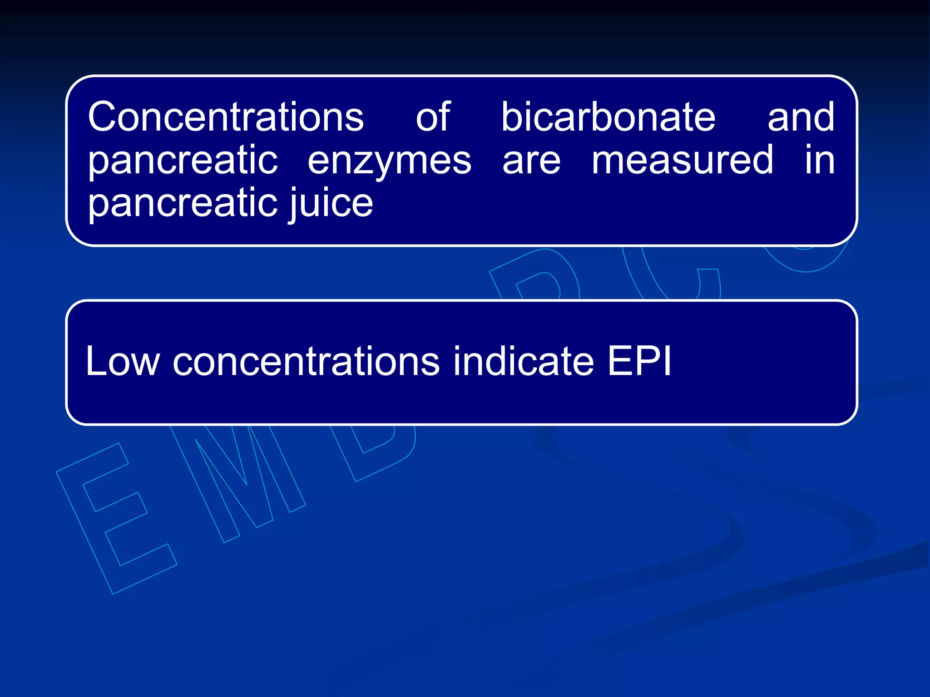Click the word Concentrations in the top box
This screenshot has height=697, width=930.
(226, 117)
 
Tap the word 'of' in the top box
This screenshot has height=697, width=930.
(433, 117)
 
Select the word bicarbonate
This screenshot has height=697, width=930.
(608, 117)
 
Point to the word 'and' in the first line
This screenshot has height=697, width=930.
(801, 117)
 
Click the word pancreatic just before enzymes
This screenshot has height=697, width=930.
(183, 162)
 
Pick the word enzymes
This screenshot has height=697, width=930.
(390, 162)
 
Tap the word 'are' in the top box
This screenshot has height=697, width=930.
(531, 161)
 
